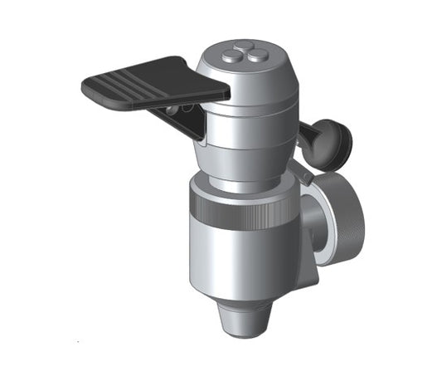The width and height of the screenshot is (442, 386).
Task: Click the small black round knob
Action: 334,139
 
